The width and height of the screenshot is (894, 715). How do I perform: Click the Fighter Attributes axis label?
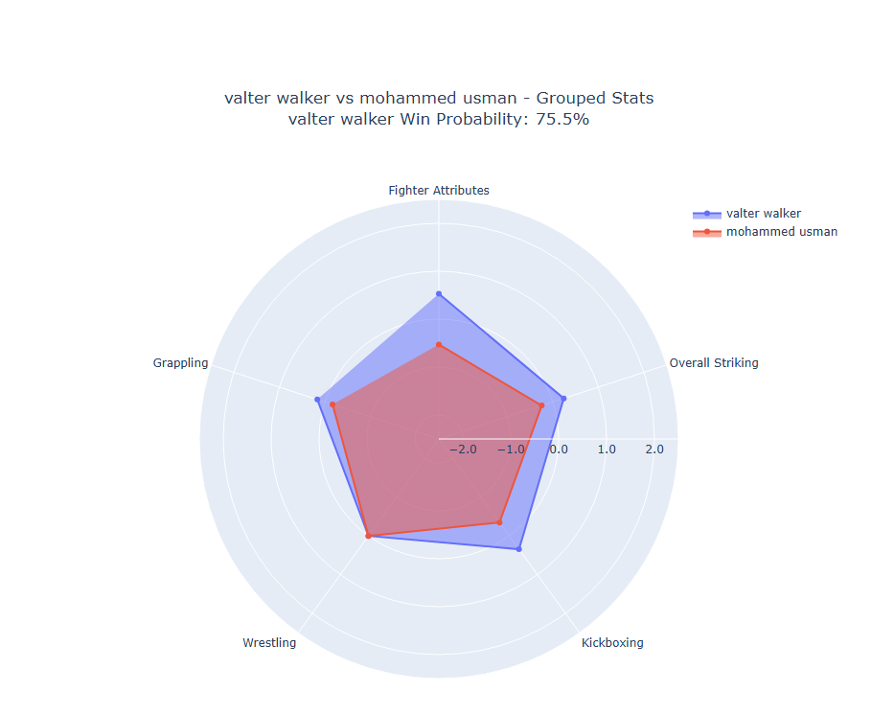439,191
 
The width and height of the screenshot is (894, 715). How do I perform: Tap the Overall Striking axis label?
713,363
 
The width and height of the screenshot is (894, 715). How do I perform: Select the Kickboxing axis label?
612,643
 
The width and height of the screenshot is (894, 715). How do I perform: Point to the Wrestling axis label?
269,643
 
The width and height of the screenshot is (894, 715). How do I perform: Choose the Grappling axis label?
180,363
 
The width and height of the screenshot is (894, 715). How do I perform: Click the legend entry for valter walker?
763,214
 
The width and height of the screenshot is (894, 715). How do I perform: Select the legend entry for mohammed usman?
781,232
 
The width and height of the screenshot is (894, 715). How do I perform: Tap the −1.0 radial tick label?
509,450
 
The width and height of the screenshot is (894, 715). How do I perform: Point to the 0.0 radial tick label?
558,450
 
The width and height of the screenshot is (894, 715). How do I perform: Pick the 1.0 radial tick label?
606,450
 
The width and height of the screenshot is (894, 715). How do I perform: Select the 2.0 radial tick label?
653,450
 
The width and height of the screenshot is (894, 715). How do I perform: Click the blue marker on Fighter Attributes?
439,293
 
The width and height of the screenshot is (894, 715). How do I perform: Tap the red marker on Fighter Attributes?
439,344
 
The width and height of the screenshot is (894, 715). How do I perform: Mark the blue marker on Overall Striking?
563,399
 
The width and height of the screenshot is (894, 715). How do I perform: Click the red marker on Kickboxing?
499,522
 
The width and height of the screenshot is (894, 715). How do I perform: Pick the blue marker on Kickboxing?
519,549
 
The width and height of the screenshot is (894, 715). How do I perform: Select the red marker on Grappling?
332,404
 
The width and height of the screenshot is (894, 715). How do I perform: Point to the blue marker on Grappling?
318,400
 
